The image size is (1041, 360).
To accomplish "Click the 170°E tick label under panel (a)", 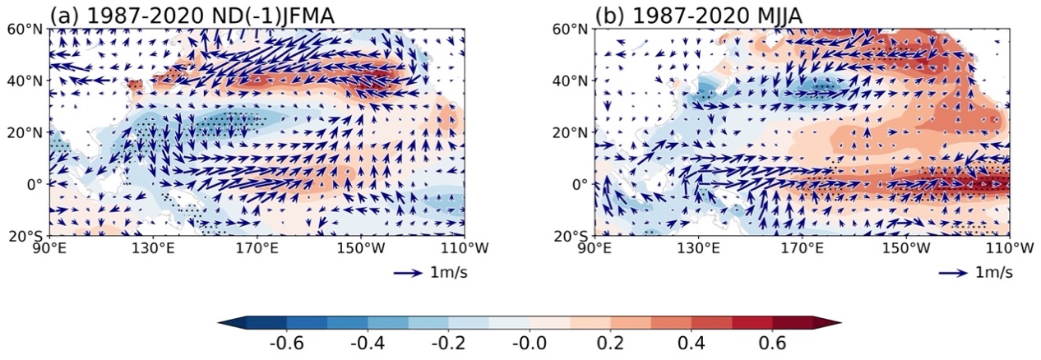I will (257, 248).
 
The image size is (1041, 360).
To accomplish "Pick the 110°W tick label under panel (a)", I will (464, 248).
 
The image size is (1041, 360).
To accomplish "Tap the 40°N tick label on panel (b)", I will (571, 81).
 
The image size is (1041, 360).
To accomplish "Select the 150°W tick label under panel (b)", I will (905, 248).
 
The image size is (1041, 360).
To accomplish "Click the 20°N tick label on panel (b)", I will (571, 132).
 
